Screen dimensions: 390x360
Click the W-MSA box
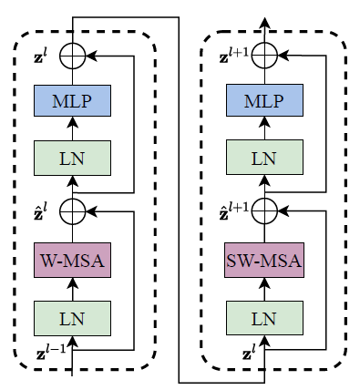(72, 261)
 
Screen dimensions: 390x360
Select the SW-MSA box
(263, 261)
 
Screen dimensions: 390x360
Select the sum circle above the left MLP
(72, 56)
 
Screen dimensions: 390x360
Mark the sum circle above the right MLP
(263, 56)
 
